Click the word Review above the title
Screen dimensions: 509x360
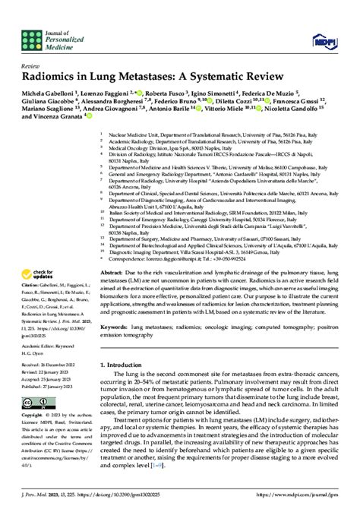coord(32,66)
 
